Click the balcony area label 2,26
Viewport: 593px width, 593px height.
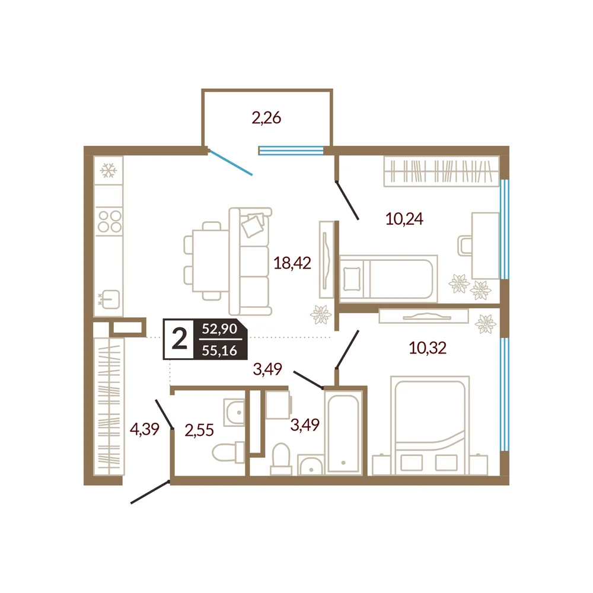[x=266, y=118]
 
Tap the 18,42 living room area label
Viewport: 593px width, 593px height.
[x=292, y=263]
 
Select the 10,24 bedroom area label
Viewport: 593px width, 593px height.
[x=404, y=219]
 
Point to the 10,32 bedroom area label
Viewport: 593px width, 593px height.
[x=428, y=347]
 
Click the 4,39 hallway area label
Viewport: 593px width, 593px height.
[x=145, y=429]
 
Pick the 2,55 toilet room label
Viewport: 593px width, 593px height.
[x=199, y=430]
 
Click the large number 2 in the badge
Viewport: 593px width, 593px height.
[x=179, y=339]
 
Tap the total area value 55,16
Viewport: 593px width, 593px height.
[x=219, y=350]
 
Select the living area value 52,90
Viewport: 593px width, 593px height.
[x=219, y=329]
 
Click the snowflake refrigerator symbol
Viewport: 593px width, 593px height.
[x=109, y=171]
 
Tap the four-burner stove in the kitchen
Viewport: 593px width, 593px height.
[x=110, y=221]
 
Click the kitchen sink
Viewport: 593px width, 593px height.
[x=111, y=299]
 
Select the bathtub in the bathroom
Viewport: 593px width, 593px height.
[x=343, y=432]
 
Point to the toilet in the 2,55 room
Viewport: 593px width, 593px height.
[x=228, y=452]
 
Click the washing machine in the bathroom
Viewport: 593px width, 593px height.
[x=279, y=404]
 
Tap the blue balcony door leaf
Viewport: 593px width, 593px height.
[x=230, y=162]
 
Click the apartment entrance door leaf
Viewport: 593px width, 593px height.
[x=150, y=492]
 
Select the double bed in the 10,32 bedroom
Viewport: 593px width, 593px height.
[x=430, y=425]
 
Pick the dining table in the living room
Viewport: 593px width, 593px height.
[x=211, y=261]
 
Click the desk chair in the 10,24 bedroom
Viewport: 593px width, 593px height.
[x=464, y=246]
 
